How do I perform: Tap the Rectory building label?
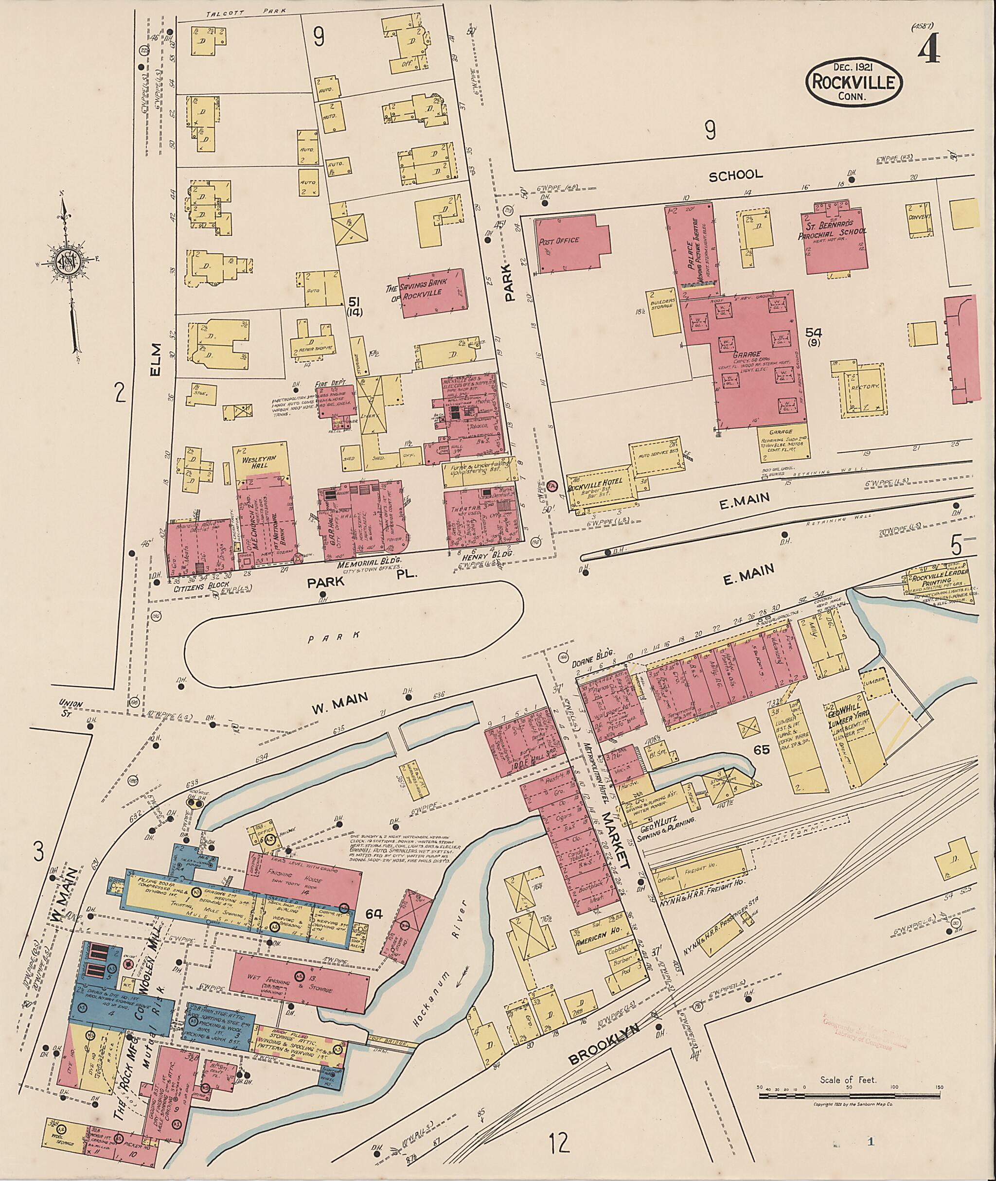click(866, 386)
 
